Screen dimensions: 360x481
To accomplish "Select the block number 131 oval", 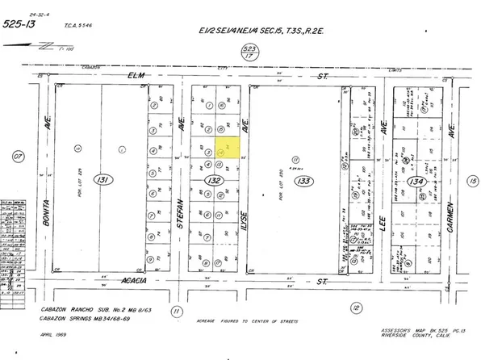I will coord(101,178).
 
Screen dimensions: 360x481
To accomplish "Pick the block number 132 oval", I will coord(213,180).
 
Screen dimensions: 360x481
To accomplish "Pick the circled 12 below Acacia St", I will coord(356,307).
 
